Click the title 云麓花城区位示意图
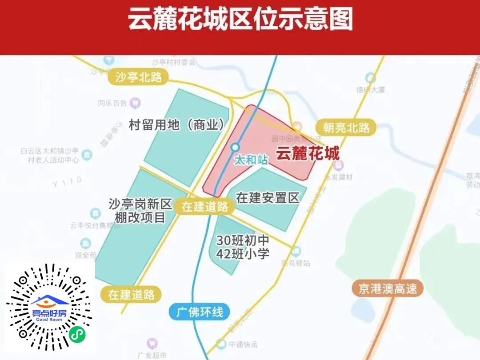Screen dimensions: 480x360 (x=240, y=20)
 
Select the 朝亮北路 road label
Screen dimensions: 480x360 (x=346, y=128)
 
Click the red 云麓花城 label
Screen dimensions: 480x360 (x=308, y=154)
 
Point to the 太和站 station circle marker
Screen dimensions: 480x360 (x=235, y=147)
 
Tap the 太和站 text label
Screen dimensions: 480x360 (x=251, y=160)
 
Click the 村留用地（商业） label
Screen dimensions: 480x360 (x=177, y=125)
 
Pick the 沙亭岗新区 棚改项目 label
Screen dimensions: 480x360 (x=140, y=211)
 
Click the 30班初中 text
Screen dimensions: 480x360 (x=243, y=240)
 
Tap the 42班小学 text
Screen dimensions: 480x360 (x=243, y=253)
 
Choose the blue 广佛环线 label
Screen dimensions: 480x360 (x=200, y=312)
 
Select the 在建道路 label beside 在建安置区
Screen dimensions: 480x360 (x=205, y=207)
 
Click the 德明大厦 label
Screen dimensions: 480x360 (x=370, y=89)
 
